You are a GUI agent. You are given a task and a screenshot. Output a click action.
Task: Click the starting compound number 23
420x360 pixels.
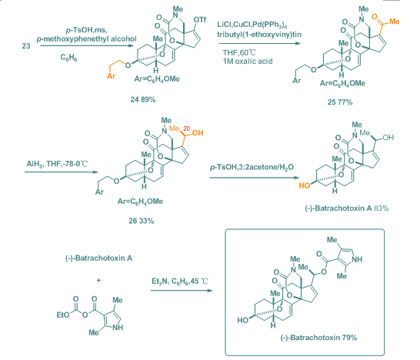tap(26, 46)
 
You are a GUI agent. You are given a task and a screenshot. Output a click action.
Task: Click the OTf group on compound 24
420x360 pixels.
tap(200, 20)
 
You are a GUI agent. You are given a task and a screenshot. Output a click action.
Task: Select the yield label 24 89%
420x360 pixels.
tap(143, 100)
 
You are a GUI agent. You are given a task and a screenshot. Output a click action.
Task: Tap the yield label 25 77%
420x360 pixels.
tap(340, 102)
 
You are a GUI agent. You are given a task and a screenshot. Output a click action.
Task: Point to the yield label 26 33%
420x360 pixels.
tap(142, 221)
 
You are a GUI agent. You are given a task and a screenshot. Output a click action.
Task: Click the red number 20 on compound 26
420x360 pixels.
tap(187, 128)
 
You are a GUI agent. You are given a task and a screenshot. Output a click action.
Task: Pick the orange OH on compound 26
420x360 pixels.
tap(198, 133)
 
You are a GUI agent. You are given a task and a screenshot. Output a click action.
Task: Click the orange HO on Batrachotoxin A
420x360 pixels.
tap(305, 185)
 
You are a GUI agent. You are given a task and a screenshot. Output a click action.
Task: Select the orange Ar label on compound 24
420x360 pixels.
tap(112, 76)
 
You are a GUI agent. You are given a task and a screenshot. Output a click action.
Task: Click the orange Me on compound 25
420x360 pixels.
tap(395, 22)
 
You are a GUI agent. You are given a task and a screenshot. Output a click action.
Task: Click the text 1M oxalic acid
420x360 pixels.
tap(248, 62)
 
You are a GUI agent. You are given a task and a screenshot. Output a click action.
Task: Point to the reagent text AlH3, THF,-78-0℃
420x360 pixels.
tap(57, 164)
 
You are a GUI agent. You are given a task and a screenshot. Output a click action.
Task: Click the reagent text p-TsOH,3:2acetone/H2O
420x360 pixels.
tap(252, 168)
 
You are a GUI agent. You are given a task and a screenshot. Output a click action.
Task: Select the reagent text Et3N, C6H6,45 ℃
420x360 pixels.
tap(180, 282)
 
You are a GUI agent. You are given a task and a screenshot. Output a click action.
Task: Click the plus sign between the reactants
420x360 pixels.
tap(98, 281)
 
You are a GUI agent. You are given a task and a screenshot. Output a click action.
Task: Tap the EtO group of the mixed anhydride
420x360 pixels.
tap(63, 315)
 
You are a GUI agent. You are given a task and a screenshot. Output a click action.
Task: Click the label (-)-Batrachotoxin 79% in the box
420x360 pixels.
tap(318, 338)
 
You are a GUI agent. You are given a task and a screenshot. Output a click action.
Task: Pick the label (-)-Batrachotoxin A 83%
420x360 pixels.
tap(347, 208)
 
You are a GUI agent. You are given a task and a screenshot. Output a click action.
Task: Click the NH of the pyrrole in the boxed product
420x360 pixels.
tap(357, 259)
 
